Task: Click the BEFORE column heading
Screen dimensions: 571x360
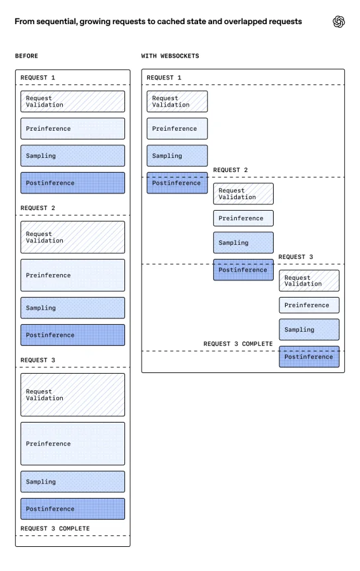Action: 27,56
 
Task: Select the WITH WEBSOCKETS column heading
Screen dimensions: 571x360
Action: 170,56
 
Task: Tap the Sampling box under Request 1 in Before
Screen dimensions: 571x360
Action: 72,155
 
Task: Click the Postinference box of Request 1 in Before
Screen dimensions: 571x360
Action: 72,183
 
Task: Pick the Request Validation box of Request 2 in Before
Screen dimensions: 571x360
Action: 72,237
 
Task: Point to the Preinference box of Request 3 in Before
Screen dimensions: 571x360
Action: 72,443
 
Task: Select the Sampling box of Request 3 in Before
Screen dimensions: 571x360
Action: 72,482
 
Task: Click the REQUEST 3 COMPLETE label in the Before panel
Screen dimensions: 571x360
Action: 55,528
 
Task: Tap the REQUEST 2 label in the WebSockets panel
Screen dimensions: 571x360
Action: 230,170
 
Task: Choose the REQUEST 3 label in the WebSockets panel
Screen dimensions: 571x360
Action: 296,257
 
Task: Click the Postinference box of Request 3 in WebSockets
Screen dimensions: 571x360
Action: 309,357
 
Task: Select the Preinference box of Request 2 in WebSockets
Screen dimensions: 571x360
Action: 243,218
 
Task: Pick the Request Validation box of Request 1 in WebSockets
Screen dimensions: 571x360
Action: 177,102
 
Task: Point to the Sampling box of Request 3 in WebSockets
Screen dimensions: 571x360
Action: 309,329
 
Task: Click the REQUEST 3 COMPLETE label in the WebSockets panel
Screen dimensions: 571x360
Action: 237,344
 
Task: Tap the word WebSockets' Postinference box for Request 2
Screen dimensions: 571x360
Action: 243,270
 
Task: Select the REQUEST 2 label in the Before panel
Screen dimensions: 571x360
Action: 38,207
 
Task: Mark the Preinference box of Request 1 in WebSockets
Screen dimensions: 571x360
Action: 177,129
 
